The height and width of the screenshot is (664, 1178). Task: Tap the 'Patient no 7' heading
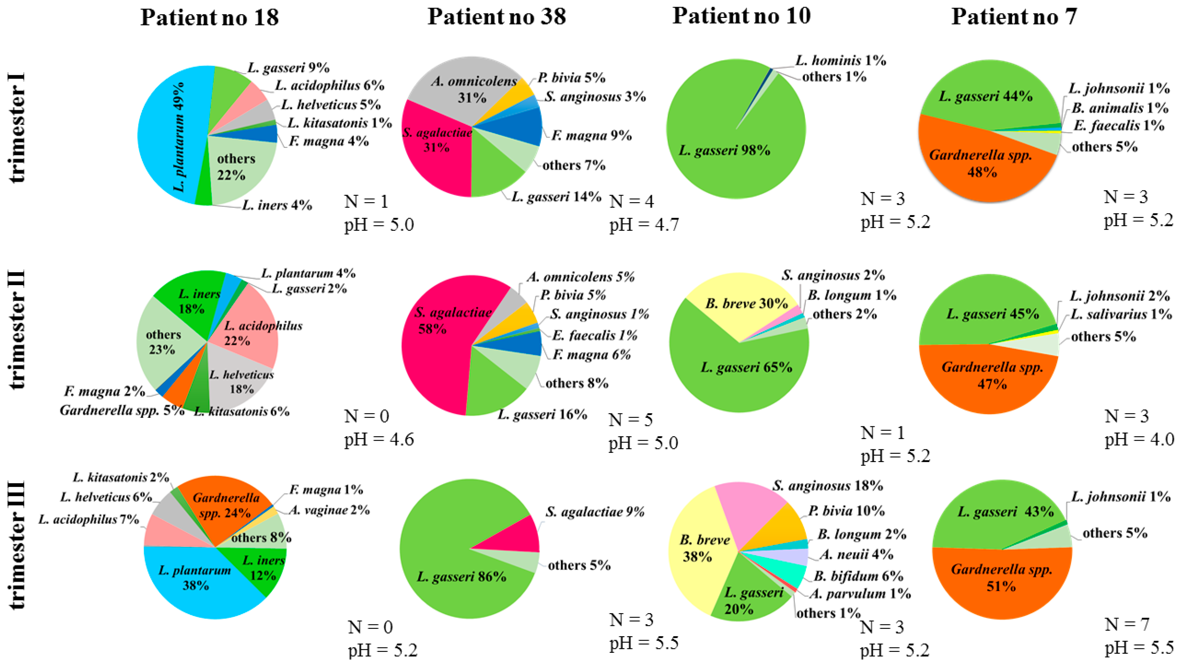[1014, 17]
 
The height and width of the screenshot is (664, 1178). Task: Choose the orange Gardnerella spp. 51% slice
[1001, 590]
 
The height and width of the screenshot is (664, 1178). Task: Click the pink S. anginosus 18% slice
[750, 513]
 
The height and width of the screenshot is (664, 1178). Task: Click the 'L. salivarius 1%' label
[1121, 314]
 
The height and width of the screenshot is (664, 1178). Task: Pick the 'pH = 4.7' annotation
[644, 225]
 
